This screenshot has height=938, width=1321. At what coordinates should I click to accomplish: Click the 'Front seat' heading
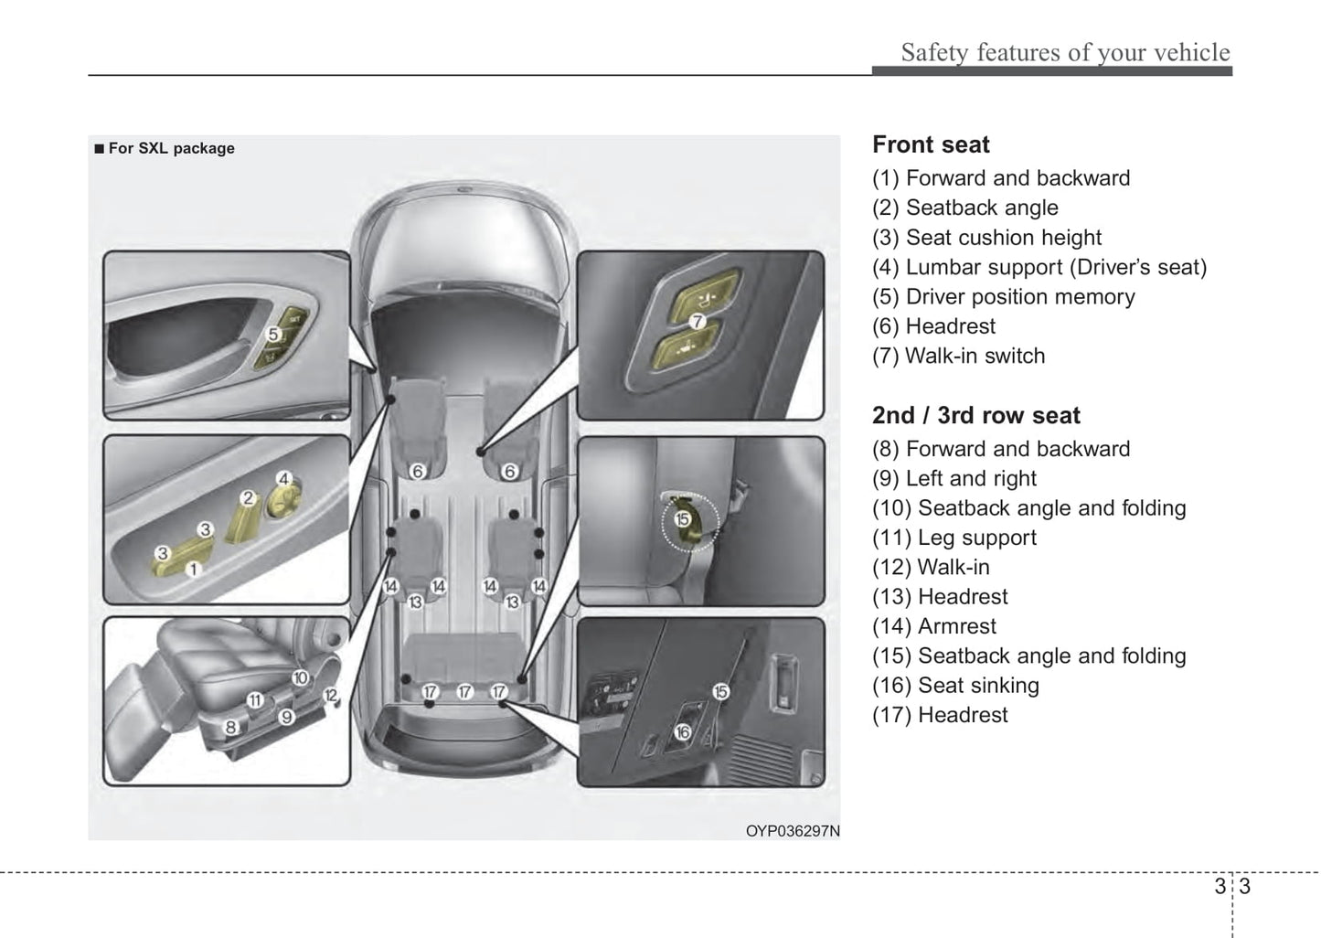(x=931, y=144)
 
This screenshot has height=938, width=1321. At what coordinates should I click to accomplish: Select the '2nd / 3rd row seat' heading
(x=975, y=415)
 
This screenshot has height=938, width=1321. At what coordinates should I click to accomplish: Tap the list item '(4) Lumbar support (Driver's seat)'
(x=1039, y=267)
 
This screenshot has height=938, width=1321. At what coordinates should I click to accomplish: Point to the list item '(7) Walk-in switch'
(x=958, y=356)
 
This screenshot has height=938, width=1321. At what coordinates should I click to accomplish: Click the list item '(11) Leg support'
(x=953, y=538)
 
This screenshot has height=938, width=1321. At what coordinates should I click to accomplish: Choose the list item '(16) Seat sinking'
(x=955, y=686)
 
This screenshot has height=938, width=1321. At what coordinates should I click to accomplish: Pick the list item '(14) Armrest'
(x=933, y=626)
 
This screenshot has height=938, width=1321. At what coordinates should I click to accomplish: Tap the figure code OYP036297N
(x=792, y=831)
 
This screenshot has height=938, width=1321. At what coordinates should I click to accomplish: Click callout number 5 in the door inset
(x=272, y=335)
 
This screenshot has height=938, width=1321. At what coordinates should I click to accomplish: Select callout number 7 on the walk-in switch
(x=696, y=321)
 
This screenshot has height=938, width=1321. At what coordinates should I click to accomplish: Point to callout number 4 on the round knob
(x=283, y=479)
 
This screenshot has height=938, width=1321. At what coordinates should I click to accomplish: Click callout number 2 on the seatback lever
(x=247, y=498)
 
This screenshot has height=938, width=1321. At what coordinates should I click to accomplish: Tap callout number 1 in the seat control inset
(x=192, y=569)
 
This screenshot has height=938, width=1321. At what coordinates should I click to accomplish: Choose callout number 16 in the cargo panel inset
(x=682, y=731)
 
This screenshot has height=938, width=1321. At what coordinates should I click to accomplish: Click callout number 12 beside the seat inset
(x=330, y=697)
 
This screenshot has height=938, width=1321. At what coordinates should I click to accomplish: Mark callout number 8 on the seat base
(x=230, y=728)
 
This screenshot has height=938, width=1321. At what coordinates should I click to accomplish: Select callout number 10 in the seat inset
(x=300, y=677)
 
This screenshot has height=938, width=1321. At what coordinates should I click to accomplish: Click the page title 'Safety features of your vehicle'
(x=1065, y=52)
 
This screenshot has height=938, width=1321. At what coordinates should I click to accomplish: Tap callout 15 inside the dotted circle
(x=682, y=519)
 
